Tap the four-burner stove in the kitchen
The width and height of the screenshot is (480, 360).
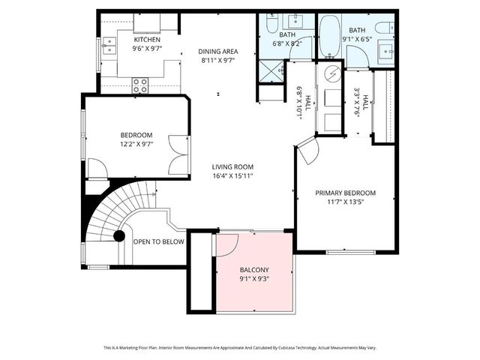140,85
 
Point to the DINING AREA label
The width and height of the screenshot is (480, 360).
217,51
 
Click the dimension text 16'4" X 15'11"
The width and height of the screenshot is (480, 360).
232,176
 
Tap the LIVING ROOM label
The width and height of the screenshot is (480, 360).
232,167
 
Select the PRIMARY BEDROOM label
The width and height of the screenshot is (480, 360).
345,193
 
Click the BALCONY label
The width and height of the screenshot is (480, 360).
254,269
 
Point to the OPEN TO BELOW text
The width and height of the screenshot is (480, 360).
159,241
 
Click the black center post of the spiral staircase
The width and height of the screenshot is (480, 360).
118,235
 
